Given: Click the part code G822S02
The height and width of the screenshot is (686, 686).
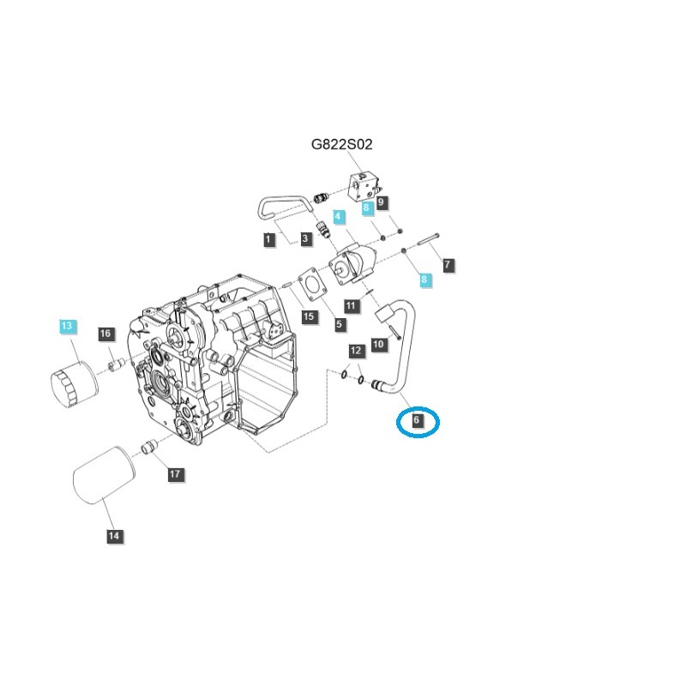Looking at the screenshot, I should (341, 145).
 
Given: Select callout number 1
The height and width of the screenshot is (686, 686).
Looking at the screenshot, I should (269, 240).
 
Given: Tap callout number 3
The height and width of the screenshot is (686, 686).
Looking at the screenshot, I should (305, 239).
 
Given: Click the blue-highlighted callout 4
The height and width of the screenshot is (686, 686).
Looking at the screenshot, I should (339, 217).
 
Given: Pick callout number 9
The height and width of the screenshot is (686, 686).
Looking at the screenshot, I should (382, 202).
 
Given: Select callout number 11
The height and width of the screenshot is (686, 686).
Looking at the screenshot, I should (352, 305).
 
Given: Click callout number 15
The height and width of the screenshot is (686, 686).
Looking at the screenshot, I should (309, 316).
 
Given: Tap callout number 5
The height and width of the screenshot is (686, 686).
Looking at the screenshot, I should (340, 324).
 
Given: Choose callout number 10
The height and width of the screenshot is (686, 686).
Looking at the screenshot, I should (378, 344).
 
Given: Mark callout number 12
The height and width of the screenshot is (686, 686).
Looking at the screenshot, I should (356, 351).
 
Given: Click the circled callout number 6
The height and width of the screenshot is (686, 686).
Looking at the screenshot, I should (417, 420).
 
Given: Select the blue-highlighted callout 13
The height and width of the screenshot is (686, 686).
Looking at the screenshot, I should (67, 326).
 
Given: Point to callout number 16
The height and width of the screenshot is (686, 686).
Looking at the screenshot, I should (105, 334).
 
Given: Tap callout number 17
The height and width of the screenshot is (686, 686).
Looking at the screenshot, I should (175, 473).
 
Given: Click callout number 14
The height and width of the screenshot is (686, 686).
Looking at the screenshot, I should (115, 536).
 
